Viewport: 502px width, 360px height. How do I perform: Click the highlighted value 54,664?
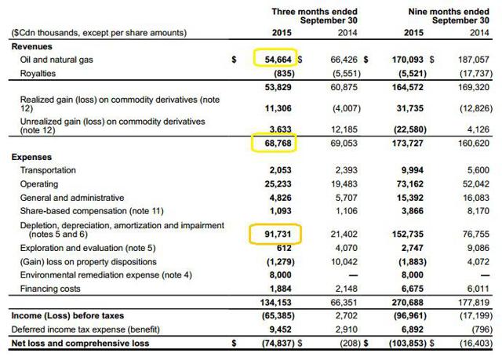click(278, 60)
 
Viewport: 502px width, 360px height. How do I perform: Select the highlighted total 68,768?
click(278, 143)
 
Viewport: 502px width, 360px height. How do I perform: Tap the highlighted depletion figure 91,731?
click(278, 235)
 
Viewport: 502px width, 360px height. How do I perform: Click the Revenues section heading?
click(31, 46)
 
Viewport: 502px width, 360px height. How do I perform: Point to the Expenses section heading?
click(31, 157)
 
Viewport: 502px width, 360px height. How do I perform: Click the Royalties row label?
click(38, 74)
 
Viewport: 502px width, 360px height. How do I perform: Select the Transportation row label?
click(48, 170)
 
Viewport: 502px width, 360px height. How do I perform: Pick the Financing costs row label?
click(50, 289)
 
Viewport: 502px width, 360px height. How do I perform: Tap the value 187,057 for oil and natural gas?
click(473, 60)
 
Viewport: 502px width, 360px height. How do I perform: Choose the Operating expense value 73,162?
click(410, 184)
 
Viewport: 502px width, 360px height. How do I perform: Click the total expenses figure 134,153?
click(275, 303)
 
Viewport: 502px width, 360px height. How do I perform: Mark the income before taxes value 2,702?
click(347, 316)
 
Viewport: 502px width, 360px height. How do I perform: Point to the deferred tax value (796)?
click(482, 329)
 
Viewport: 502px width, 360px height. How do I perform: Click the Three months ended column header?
click(315, 12)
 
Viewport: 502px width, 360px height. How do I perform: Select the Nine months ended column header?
click(449, 12)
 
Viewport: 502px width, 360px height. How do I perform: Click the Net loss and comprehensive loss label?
click(80, 344)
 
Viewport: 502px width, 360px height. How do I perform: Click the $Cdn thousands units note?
click(99, 33)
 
